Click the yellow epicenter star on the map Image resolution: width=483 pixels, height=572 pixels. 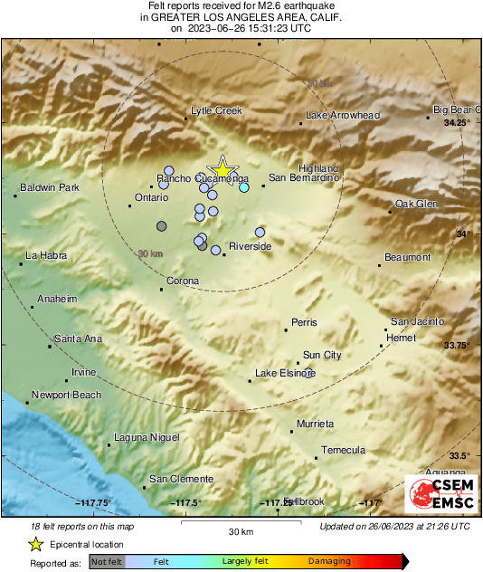pyautogui.click(x=222, y=169)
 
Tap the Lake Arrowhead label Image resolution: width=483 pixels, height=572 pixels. pyautogui.click(x=342, y=116)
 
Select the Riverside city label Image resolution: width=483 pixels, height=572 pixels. pyautogui.click(x=250, y=246)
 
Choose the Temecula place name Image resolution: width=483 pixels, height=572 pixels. pyautogui.click(x=344, y=450)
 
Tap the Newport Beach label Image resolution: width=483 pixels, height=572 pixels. pyautogui.click(x=66, y=396)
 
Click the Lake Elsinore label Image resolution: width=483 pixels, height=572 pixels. pyautogui.click(x=284, y=373)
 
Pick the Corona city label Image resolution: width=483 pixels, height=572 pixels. pyautogui.click(x=182, y=281)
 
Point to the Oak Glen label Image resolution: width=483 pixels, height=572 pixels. pyautogui.click(x=416, y=204)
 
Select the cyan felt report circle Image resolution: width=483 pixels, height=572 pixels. pyautogui.click(x=243, y=187)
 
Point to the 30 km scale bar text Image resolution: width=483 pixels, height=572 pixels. pyautogui.click(x=241, y=530)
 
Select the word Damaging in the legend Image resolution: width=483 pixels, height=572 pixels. pyautogui.click(x=329, y=562)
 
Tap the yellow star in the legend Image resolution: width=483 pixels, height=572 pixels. pyautogui.click(x=36, y=544)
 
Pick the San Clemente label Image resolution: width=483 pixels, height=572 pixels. pyautogui.click(x=181, y=479)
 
